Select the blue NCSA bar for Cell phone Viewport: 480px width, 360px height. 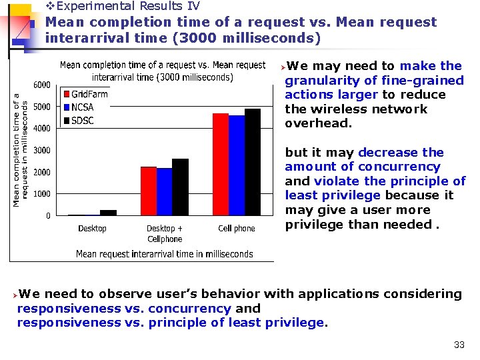click(237, 165)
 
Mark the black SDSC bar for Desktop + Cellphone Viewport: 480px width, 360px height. click(180, 187)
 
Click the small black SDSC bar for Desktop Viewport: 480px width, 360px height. click(108, 213)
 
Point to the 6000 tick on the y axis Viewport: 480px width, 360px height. click(42, 85)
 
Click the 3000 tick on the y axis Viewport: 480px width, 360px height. click(42, 150)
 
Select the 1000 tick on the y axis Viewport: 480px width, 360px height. click(42, 194)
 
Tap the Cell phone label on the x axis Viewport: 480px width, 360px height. click(237, 229)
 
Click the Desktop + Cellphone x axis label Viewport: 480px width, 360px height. click(164, 233)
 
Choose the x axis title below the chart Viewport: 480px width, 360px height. click(164, 253)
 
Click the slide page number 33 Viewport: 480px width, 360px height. click(459, 345)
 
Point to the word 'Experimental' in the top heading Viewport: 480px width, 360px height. click(99, 7)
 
